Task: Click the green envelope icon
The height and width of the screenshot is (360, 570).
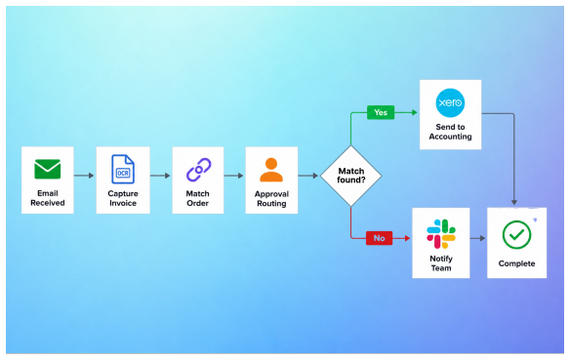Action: click(x=48, y=169)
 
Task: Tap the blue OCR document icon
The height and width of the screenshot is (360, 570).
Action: click(x=123, y=170)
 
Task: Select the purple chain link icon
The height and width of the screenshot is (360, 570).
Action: click(x=198, y=170)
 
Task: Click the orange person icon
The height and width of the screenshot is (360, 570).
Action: click(x=271, y=170)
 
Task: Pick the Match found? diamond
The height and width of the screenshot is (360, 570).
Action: click(x=351, y=176)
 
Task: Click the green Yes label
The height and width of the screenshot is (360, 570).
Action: click(x=381, y=112)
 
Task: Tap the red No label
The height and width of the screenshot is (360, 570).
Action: click(x=379, y=238)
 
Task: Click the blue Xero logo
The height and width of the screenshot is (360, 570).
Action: click(x=450, y=102)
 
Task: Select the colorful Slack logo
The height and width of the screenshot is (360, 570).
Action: click(x=441, y=234)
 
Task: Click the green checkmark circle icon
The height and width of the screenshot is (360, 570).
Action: click(x=516, y=235)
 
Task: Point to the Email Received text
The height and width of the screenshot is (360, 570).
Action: click(x=48, y=198)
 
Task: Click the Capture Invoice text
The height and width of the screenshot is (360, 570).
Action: click(x=123, y=198)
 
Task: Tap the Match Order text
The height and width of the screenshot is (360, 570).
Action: click(x=198, y=198)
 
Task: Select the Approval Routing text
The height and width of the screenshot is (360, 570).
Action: click(x=271, y=199)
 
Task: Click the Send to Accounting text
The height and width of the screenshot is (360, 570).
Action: click(x=450, y=132)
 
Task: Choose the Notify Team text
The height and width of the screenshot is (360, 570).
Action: click(x=441, y=263)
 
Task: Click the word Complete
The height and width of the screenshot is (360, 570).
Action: click(x=516, y=263)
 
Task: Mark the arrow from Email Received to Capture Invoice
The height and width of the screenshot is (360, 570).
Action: click(x=84, y=176)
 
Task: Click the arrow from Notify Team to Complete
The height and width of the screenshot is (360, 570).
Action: click(x=477, y=238)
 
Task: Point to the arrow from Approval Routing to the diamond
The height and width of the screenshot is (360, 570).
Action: click(x=308, y=176)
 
